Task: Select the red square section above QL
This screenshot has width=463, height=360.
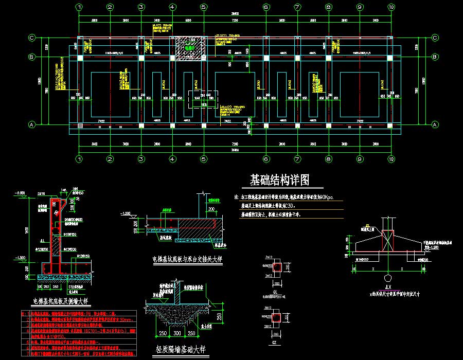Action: click(x=276, y=267)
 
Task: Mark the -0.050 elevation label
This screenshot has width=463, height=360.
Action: click(x=20, y=193)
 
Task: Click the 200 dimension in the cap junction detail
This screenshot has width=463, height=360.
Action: click(x=211, y=209)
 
